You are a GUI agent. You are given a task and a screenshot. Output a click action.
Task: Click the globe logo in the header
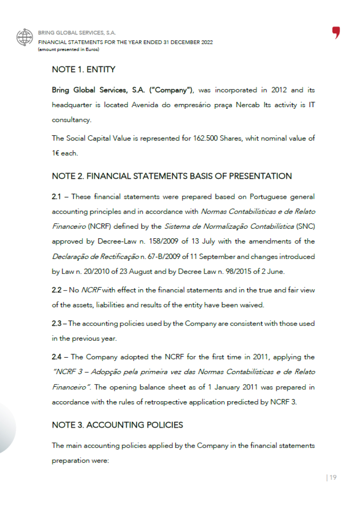click(x=25, y=37)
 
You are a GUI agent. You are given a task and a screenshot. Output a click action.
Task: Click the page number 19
click(x=333, y=478)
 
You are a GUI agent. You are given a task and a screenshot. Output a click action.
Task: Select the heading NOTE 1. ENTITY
click(x=84, y=70)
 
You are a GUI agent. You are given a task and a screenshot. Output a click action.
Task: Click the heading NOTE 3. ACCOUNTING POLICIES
click(x=117, y=425)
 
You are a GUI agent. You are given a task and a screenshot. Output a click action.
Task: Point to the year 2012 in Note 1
click(x=279, y=90)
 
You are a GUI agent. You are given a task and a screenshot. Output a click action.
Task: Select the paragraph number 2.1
click(x=57, y=197)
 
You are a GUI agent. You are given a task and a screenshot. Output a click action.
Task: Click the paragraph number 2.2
click(x=57, y=290)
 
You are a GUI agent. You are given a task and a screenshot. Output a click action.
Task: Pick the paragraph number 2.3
click(x=57, y=323)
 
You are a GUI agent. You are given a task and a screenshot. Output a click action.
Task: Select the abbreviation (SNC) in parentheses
click(x=306, y=226)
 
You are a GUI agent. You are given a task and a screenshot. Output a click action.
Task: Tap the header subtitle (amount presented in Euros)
click(x=69, y=49)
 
